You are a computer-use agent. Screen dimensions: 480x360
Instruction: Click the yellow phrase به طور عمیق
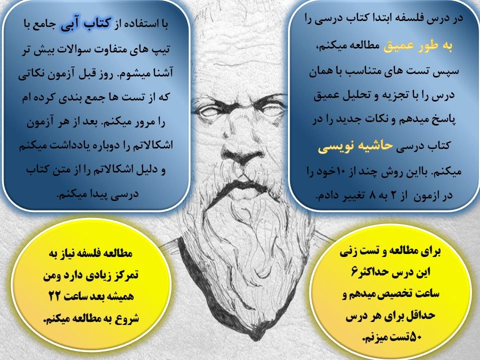coord(418,46)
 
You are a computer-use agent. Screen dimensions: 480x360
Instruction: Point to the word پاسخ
coord(443,119)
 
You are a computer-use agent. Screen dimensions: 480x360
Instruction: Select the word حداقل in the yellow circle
coord(421,316)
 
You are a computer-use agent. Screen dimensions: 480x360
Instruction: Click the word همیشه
coord(119,296)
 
